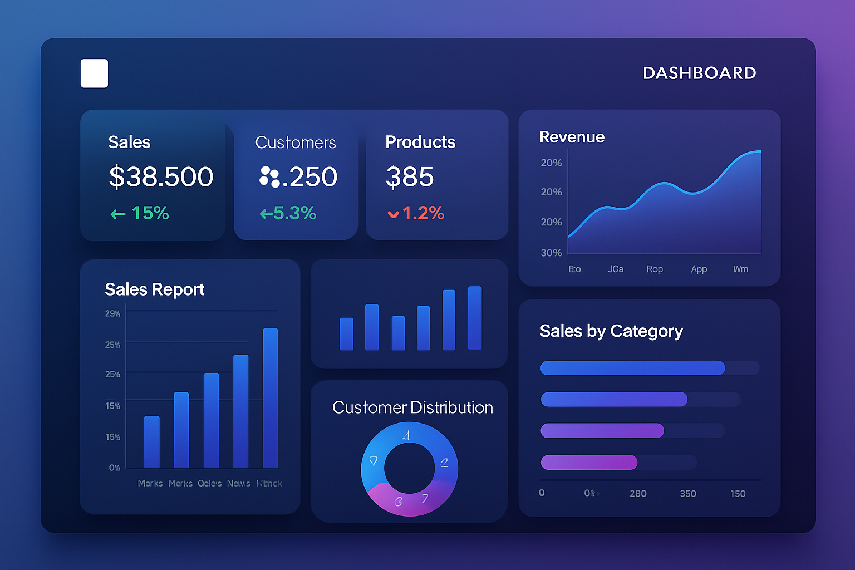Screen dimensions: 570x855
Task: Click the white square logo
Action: point(94,73)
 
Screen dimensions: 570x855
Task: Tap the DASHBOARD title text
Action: point(699,73)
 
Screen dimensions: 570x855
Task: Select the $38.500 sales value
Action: point(161,177)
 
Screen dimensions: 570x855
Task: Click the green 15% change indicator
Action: point(140,213)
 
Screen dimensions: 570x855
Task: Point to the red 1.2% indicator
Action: point(416,213)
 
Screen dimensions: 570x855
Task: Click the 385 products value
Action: point(410,177)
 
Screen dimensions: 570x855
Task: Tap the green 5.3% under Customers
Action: point(288,213)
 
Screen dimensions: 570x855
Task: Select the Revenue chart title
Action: point(572,137)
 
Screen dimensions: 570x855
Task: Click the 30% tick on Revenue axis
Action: point(551,253)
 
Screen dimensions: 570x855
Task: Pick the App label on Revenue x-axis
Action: point(699,269)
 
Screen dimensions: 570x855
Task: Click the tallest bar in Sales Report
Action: point(270,398)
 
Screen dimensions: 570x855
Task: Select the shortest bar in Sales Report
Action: point(151,442)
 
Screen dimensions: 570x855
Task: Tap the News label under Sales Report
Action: point(238,483)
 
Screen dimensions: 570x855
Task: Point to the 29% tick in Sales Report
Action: point(112,314)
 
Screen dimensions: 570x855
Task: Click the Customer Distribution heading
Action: point(412,407)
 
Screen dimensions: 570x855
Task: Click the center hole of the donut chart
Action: point(409,468)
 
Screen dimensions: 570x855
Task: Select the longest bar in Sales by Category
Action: point(632,368)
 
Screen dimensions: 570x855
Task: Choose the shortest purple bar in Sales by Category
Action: point(589,462)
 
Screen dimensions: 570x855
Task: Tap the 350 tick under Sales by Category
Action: point(688,494)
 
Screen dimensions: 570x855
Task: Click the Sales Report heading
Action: point(154,289)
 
